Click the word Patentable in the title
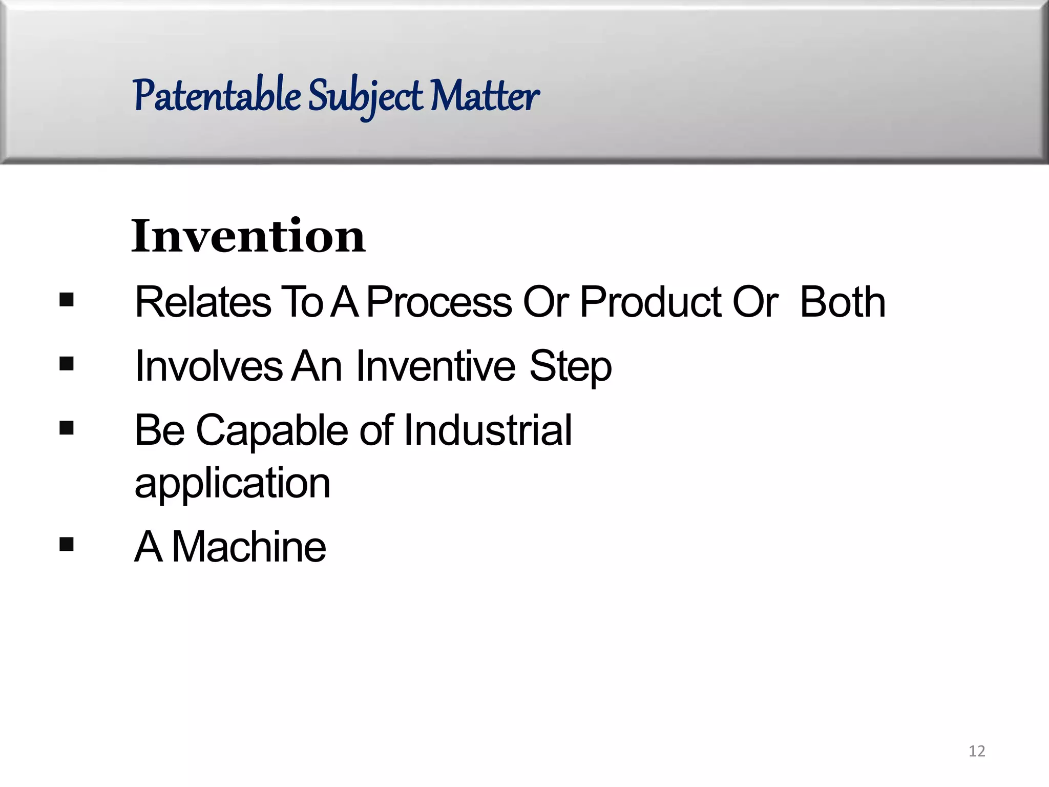click(217, 96)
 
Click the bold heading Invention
click(248, 236)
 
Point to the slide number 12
click(977, 751)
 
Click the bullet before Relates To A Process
click(67, 299)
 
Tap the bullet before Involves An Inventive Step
click(67, 364)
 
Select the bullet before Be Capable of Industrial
click(67, 428)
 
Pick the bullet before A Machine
click(67, 544)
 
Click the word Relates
click(203, 302)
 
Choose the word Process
click(439, 302)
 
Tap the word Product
click(650, 302)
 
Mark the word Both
click(843, 302)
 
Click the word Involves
click(208, 366)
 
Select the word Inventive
click(435, 366)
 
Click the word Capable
click(272, 430)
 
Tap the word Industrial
click(488, 430)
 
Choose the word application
click(233, 484)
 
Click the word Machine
click(249, 547)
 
